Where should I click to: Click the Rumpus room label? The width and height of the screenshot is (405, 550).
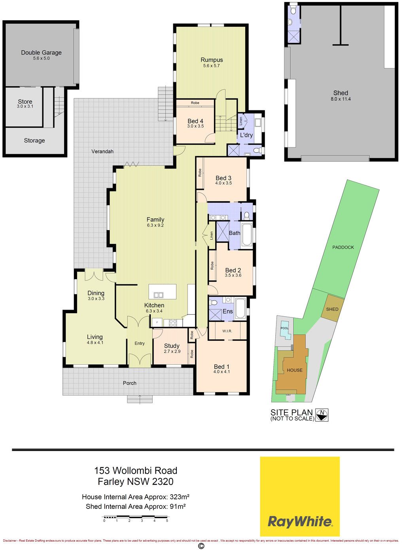pos(212,60)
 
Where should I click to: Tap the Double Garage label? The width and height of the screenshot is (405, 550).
pos(41,53)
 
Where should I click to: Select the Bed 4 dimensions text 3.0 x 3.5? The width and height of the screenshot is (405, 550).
pos(195,126)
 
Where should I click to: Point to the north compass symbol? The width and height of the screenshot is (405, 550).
pos(322,415)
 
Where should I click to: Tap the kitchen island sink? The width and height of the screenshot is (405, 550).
pos(159,295)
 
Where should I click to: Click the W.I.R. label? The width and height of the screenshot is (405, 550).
pos(227,331)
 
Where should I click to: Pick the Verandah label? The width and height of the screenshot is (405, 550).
pos(102,151)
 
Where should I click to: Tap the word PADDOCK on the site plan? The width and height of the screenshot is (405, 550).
pos(343,247)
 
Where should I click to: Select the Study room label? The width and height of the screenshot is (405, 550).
pos(172,346)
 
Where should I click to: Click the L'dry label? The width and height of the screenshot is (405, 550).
pos(246,135)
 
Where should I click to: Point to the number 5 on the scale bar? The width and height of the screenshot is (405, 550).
pos(167,520)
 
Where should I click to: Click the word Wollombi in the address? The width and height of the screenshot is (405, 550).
pos(136,471)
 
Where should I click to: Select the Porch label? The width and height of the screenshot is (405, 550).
pos(130,383)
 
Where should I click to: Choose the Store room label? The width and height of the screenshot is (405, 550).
pos(25,101)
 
